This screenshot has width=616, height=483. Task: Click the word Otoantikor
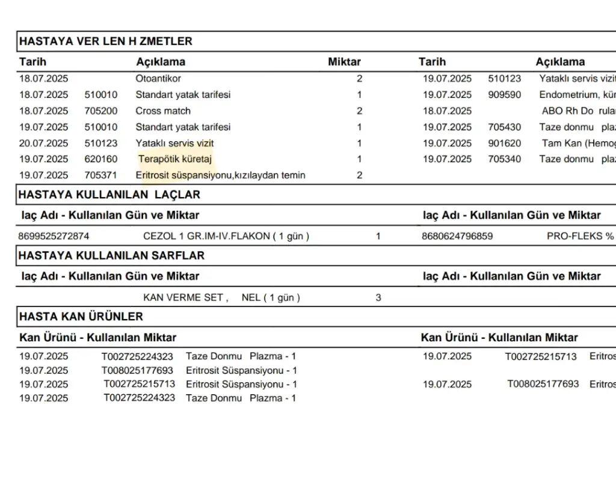click(158, 79)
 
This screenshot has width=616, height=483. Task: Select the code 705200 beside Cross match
click(101, 111)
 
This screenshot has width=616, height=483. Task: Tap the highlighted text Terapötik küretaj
click(175, 159)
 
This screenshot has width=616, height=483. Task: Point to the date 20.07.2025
click(44, 144)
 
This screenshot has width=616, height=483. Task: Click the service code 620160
click(101, 159)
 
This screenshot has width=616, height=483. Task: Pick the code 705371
click(101, 175)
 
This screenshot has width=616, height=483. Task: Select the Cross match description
click(163, 111)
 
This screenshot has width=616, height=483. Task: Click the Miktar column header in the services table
click(344, 62)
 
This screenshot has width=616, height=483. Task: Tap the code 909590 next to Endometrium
click(505, 95)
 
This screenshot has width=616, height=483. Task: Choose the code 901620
click(505, 144)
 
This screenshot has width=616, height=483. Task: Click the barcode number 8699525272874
click(54, 236)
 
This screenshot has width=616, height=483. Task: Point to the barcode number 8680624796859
click(457, 236)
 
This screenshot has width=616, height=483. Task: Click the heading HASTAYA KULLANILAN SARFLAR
click(112, 255)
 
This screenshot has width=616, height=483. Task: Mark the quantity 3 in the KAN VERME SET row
click(378, 297)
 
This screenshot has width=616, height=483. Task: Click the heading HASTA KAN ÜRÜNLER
click(81, 317)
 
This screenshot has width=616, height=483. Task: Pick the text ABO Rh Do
click(568, 111)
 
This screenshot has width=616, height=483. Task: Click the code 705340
click(505, 159)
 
